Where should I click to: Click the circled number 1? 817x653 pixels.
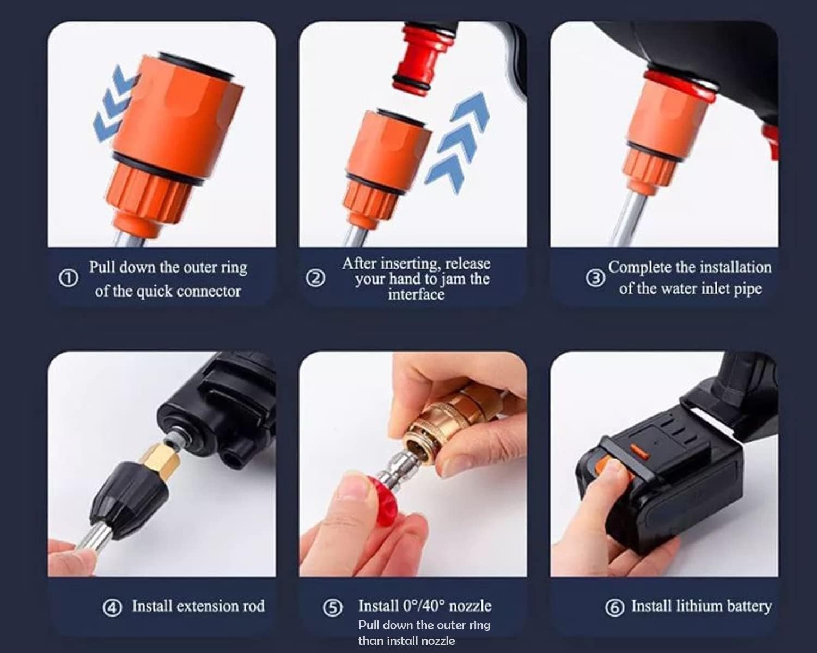(x=68, y=279)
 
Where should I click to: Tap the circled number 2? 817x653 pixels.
(x=315, y=279)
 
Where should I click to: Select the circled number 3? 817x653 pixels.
(x=595, y=278)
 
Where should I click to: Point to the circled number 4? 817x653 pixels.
(x=112, y=607)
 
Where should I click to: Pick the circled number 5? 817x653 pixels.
(x=333, y=607)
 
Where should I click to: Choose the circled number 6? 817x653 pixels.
(x=614, y=607)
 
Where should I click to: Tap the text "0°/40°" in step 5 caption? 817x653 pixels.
(x=424, y=606)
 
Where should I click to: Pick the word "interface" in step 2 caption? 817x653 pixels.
(x=416, y=294)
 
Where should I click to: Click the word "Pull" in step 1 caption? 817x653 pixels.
(x=101, y=267)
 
